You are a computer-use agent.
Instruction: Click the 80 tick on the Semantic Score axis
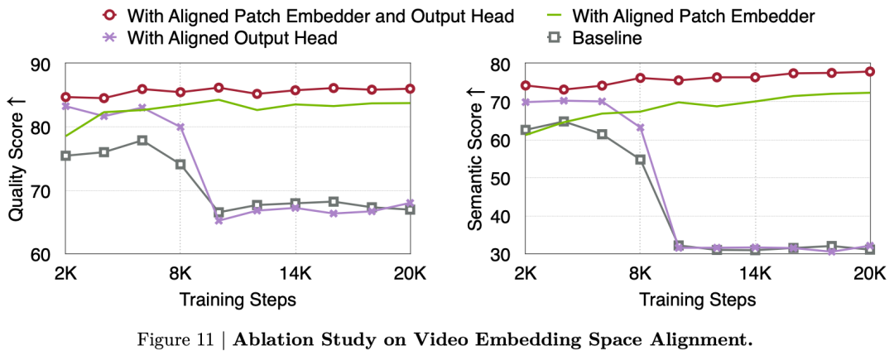499,65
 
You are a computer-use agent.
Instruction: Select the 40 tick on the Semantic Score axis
499,216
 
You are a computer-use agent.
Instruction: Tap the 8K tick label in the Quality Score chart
180,273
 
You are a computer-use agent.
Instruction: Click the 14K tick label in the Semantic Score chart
755,273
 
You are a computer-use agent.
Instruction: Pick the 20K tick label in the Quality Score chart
411,273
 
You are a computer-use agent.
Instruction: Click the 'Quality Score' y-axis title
16,159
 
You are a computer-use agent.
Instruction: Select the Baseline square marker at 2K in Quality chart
65,156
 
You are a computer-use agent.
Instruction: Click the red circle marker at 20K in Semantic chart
869,71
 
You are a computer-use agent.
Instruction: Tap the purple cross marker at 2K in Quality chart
65,106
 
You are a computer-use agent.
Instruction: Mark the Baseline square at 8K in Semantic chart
640,160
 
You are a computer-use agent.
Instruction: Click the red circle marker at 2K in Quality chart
65,97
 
